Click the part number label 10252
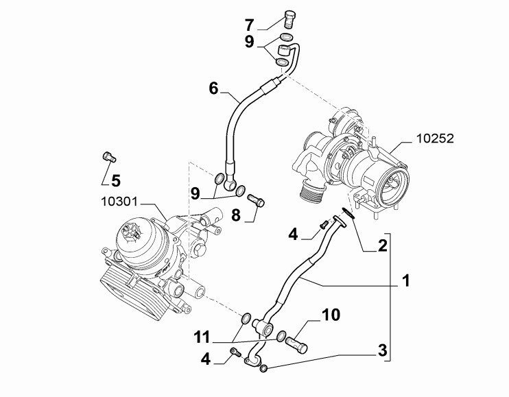point(435,139)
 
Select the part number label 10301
point(120,202)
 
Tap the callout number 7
point(249,25)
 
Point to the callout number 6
point(213,88)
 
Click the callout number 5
point(115,181)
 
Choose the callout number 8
point(235,215)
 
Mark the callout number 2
point(382,245)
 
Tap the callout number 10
point(331,315)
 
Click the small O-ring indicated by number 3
point(264,370)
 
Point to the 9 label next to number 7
point(250,41)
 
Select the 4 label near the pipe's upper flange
point(293,234)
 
